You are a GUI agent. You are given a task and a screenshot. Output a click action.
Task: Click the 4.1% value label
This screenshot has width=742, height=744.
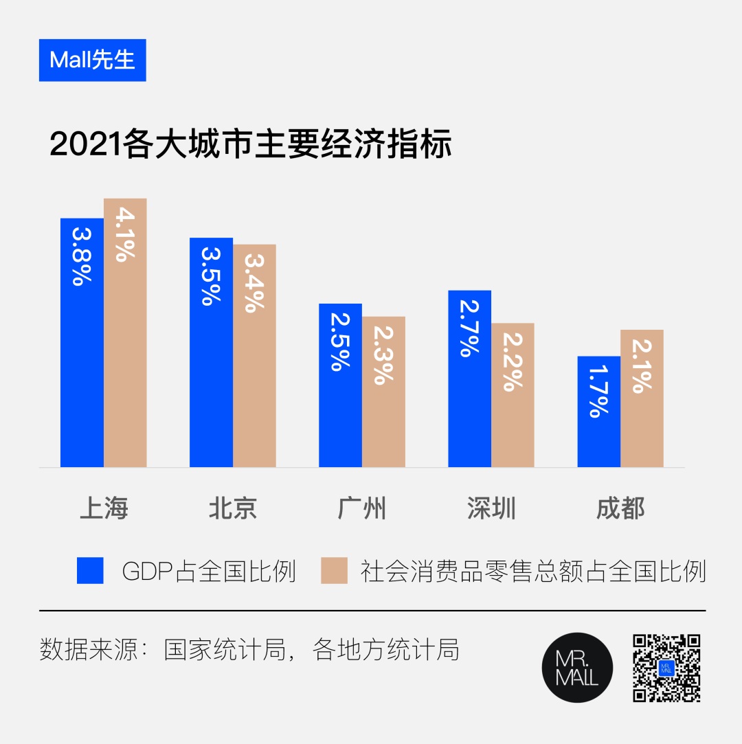pos(125,234)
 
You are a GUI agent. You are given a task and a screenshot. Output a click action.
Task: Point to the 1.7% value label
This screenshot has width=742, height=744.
pos(598,391)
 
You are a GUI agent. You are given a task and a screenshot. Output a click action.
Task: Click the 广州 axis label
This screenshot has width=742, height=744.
pos(362,509)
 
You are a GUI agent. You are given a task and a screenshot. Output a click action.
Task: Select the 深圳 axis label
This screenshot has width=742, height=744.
pos(491,509)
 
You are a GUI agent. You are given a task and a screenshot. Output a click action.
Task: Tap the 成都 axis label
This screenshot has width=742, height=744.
pos(620,509)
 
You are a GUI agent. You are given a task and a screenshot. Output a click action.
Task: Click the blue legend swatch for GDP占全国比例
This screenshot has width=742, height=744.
pos(90,570)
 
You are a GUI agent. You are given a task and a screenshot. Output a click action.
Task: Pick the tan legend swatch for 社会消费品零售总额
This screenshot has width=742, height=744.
pos(334,570)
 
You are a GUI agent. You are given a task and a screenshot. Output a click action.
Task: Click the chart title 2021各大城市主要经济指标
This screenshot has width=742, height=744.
pos(251,145)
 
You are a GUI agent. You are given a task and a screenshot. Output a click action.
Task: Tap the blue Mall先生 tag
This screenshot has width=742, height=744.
pos(92,60)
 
